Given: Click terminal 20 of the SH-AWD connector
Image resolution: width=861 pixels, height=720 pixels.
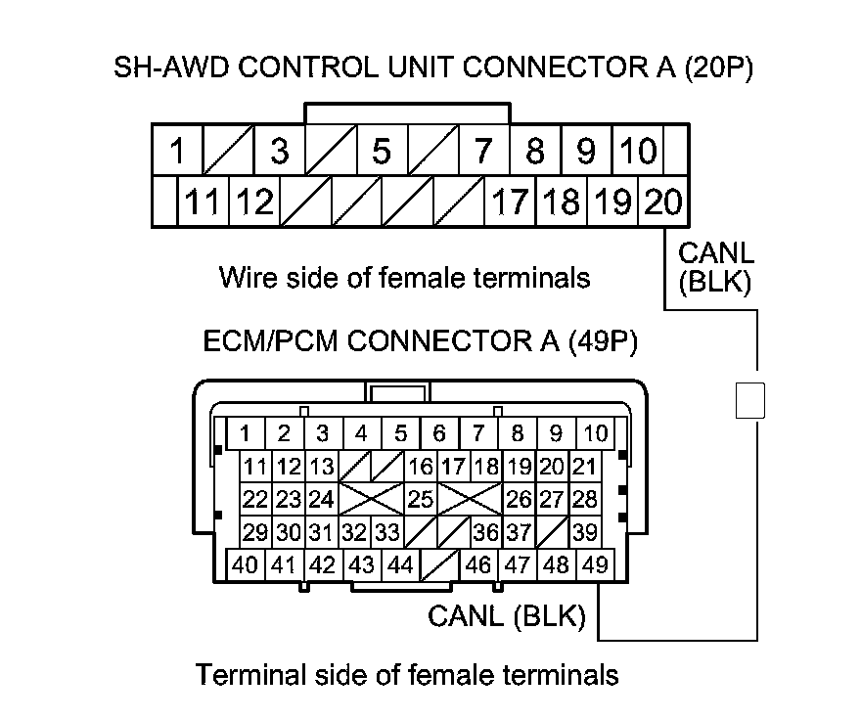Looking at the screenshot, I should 664,203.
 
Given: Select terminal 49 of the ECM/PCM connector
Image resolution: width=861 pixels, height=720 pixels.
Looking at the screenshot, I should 594,564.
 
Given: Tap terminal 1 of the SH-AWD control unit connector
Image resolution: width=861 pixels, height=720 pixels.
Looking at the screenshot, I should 177,152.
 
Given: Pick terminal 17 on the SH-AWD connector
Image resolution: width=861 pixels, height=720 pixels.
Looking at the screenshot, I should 510,203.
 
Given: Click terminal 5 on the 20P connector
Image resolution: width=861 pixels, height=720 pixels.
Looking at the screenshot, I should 382,152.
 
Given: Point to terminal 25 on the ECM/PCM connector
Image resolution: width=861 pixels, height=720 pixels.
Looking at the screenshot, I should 420,500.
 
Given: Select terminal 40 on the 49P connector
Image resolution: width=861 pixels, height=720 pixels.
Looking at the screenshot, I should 246,564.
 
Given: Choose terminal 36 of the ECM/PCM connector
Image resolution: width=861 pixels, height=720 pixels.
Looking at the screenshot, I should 484,533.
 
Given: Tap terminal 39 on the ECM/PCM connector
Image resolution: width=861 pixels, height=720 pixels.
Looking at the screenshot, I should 585,533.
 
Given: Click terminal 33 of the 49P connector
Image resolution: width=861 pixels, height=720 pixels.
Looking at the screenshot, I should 386,533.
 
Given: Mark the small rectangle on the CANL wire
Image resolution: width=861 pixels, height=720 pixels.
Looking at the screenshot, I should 749,400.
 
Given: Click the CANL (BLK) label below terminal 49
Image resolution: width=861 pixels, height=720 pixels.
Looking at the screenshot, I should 506,616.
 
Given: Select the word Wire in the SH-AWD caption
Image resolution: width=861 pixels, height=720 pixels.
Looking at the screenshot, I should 244,278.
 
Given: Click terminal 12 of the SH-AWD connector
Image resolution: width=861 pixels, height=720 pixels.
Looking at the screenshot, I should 255,203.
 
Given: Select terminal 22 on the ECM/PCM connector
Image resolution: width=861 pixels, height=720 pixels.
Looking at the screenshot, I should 255,500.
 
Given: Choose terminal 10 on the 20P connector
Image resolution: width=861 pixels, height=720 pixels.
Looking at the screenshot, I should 638,152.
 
